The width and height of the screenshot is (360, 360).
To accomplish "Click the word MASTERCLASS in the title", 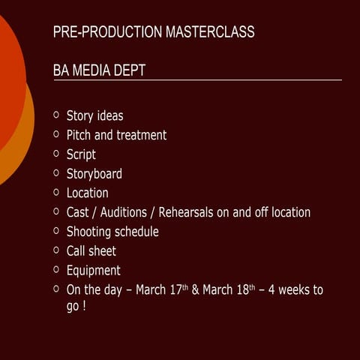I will [x=210, y=32].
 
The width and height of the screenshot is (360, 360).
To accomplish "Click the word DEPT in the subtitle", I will [x=130, y=70].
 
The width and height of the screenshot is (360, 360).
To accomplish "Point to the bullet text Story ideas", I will [x=95, y=116].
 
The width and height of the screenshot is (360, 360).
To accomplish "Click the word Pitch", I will [x=79, y=136].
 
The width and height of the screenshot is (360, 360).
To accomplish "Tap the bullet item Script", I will [x=81, y=155].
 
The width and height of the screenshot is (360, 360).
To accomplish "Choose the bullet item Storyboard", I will [x=94, y=174].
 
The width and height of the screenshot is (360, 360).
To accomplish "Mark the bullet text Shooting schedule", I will [x=112, y=232].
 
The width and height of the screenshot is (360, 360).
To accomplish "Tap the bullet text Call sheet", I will [x=91, y=251].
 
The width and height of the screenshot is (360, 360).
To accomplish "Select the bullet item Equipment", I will [x=94, y=271].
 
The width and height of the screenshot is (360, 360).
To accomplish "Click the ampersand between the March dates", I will [x=196, y=289].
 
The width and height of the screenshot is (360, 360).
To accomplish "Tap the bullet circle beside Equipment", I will [x=57, y=269].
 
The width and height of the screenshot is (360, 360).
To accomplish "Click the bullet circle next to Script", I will [x=57, y=154].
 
